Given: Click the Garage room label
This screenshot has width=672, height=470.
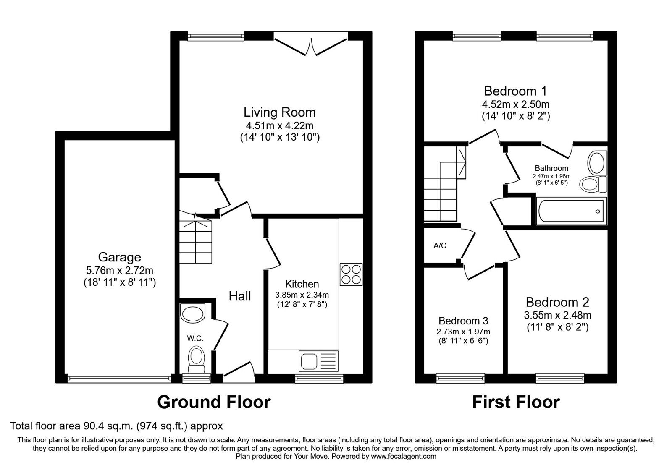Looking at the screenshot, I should [x=119, y=257].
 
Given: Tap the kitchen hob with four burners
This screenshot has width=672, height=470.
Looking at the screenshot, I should [x=351, y=274].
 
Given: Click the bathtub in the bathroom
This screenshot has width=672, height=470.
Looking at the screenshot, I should [x=571, y=211].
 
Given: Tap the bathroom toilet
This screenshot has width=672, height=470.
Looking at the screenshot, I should [x=593, y=184].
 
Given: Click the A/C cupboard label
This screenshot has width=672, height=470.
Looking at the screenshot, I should [x=440, y=246].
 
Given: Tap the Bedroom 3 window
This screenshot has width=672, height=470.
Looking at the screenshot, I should [x=460, y=378].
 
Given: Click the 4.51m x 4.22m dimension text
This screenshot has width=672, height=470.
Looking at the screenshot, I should [x=280, y=125].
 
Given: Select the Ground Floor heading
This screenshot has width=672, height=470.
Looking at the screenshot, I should [x=214, y=402].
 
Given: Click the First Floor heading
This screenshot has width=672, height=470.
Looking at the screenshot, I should [x=516, y=402].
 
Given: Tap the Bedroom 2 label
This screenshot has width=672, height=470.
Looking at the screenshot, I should [x=557, y=302].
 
